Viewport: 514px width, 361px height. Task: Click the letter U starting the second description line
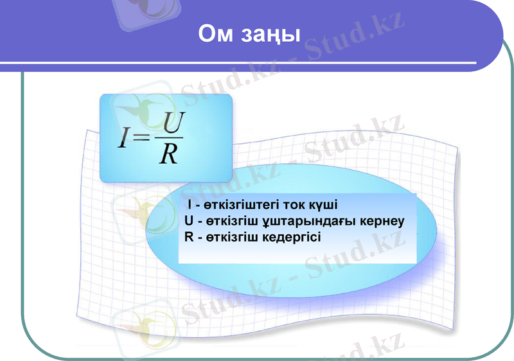[x=188, y=221]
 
